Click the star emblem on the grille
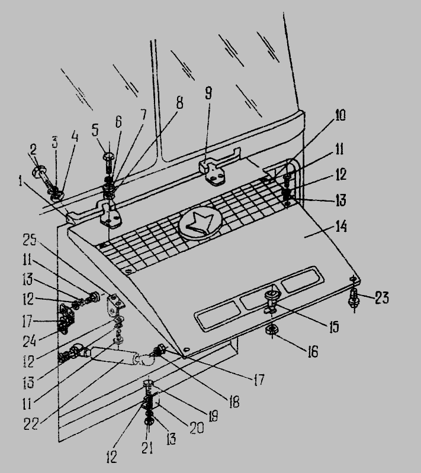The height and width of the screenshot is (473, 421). (x=200, y=223)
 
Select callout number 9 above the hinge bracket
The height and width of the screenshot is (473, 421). (x=208, y=93)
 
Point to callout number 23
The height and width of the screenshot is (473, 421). (x=381, y=297)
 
